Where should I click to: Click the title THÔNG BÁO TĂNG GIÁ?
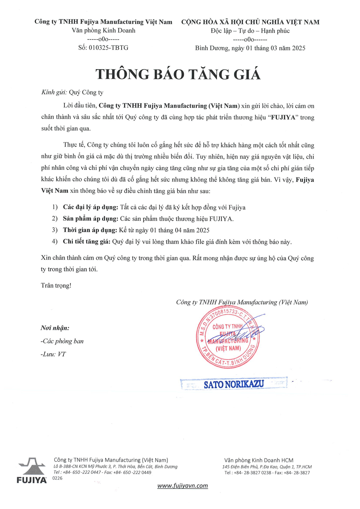click(x=178, y=74)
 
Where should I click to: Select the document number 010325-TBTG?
click(x=108, y=48)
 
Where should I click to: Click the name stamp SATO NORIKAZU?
click(x=234, y=384)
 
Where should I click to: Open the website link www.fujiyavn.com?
click(x=183, y=486)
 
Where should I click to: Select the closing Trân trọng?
click(x=56, y=286)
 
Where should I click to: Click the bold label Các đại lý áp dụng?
click(x=90, y=208)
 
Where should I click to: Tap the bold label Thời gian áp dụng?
click(x=90, y=230)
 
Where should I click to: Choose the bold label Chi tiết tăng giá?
click(x=86, y=242)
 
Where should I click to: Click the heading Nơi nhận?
click(x=55, y=328)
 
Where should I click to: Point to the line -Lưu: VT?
click(x=53, y=354)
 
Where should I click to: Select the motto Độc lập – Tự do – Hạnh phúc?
click(x=250, y=31)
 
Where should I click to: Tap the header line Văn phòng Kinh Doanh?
click(x=103, y=31)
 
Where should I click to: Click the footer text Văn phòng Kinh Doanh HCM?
click(x=258, y=460)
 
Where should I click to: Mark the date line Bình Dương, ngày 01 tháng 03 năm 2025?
click(x=250, y=48)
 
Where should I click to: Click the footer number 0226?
click(x=58, y=478)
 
